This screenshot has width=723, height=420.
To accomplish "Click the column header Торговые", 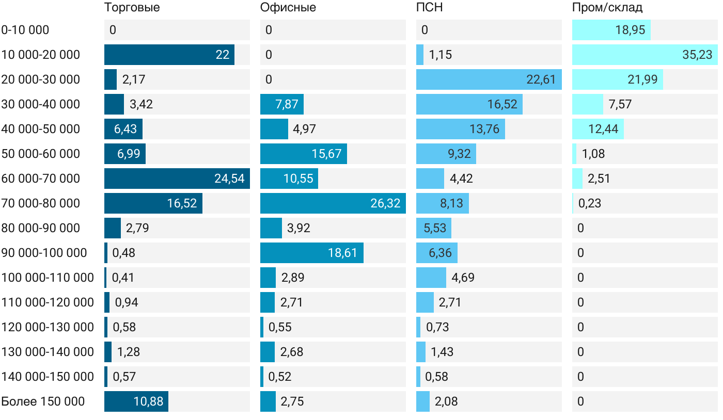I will point(132,8).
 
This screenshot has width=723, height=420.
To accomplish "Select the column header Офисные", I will point(288,8).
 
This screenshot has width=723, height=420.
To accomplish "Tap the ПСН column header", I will point(430,8).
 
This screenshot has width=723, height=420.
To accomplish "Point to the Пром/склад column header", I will point(607,8).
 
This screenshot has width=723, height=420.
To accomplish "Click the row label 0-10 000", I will point(25,30).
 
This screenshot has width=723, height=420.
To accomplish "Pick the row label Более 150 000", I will point(43,401).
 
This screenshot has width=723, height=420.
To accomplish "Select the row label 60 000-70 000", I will point(41,179).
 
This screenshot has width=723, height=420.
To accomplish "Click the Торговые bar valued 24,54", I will point(177,179).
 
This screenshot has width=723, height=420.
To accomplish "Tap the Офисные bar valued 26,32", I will point(333,203).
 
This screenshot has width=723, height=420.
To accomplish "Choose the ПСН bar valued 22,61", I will point(489,79).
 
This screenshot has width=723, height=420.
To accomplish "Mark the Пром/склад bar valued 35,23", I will point(645,55).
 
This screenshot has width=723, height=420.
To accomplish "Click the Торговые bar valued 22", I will point(169,55).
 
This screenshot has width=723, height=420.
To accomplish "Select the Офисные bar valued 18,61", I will point(312,253).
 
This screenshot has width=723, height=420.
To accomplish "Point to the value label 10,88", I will point(149,401).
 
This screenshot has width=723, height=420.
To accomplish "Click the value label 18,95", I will point(630,30).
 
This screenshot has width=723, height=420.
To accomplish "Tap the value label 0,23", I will point(590,203).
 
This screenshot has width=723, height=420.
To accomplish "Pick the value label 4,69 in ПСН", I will point(463,278).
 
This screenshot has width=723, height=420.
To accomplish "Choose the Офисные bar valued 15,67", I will point(304,154).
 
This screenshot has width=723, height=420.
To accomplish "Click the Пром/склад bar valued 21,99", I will point(618,79).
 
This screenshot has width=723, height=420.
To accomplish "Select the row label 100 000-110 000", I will point(48,278).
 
